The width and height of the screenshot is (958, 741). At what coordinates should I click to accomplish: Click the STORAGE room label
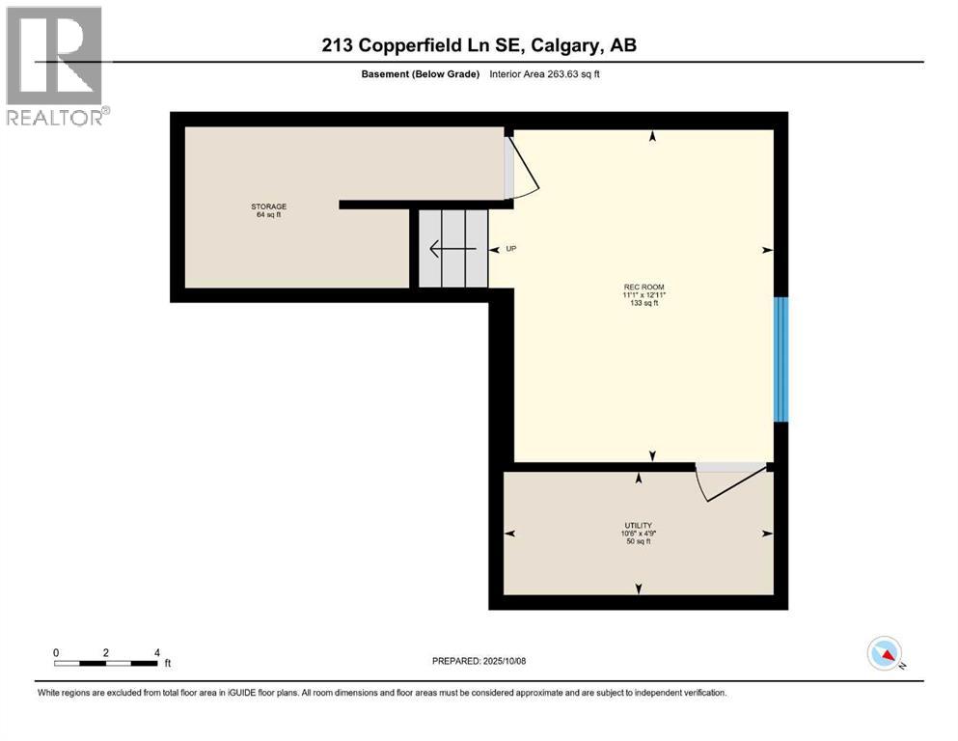269,206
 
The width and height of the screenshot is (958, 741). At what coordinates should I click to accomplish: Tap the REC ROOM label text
644,287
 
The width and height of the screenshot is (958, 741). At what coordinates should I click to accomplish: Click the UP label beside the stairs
511,249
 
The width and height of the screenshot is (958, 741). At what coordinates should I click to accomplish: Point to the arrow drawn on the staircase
452,250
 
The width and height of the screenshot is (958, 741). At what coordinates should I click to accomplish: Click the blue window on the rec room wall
781,359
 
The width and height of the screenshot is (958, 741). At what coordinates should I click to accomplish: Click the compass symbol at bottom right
885,654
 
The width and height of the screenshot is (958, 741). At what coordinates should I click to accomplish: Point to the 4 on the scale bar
156,652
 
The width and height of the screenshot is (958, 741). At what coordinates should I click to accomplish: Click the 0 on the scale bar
57,652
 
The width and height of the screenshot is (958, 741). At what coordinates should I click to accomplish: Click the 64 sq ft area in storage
269,215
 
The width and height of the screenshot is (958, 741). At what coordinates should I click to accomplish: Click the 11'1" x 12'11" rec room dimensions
644,295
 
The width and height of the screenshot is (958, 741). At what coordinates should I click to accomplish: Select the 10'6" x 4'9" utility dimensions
638,534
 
